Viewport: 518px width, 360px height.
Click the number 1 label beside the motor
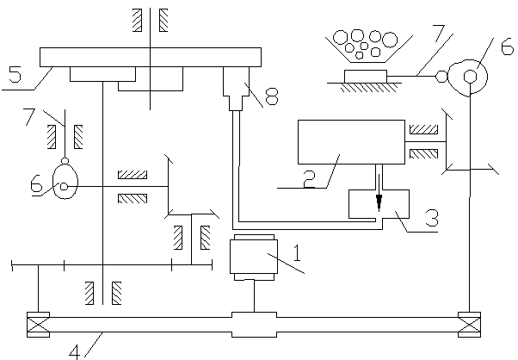pos(298,253)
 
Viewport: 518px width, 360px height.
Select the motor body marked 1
pos(254,258)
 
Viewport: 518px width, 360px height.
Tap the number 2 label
pos(309,179)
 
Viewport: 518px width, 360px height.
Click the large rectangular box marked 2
pos(351,142)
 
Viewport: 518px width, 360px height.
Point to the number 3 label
pos(432,218)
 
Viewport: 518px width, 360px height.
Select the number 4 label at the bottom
pos(75,352)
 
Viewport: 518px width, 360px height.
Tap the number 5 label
pos(15,74)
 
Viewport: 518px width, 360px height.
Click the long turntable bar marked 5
pos(151,57)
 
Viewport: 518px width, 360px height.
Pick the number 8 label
pos(272,96)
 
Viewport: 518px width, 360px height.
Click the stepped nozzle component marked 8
pos(236,89)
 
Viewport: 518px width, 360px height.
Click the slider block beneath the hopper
pos(366,77)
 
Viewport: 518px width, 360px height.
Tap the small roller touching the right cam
pos(441,77)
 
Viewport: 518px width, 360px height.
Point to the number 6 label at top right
pos(508,47)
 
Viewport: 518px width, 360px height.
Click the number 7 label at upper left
pos(29,116)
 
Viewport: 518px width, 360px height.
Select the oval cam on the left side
pos(65,181)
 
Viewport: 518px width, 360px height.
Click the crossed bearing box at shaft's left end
pos(39,325)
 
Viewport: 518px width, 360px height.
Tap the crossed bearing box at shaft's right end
pos(470,325)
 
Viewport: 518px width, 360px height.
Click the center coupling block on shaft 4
pos(254,325)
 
